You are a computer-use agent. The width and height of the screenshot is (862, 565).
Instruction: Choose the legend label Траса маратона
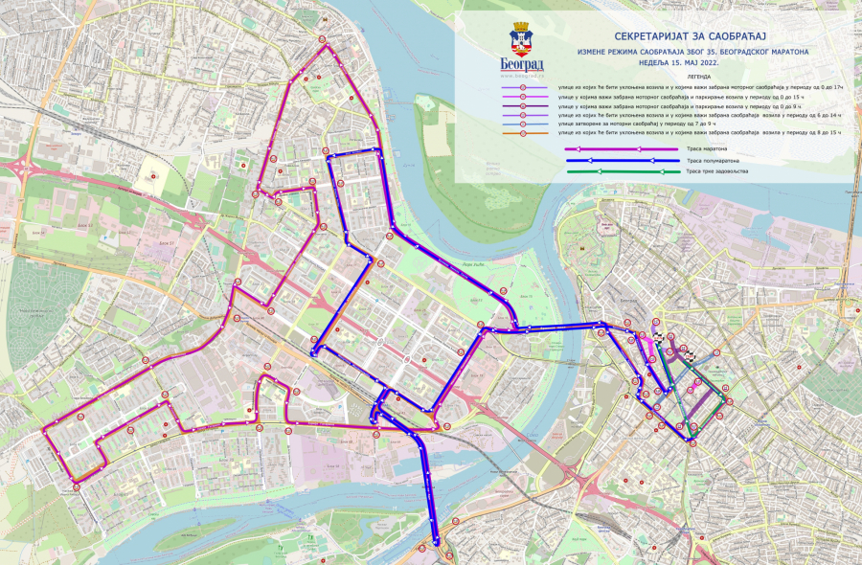[x=707, y=148]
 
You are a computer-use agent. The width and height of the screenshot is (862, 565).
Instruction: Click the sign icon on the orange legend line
[x=523, y=134]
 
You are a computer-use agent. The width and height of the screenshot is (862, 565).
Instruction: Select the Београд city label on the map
[x=627, y=298]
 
